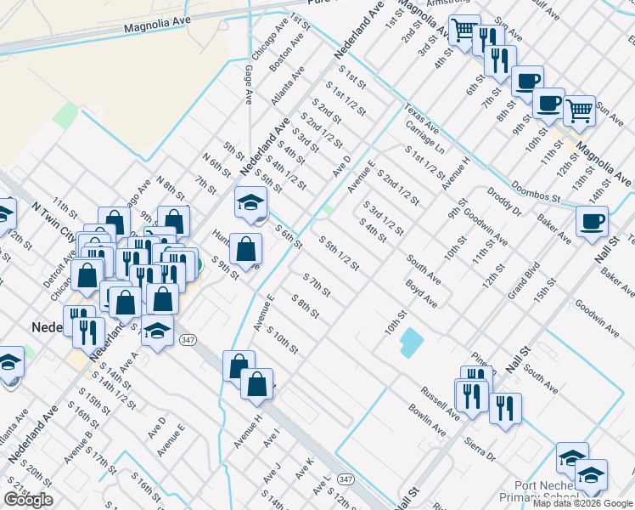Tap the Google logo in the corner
point(28,500)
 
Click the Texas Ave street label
point(421,120)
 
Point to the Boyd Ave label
point(421,293)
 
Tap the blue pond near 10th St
point(411,343)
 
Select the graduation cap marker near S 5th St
point(250,201)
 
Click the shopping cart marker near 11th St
point(579,108)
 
